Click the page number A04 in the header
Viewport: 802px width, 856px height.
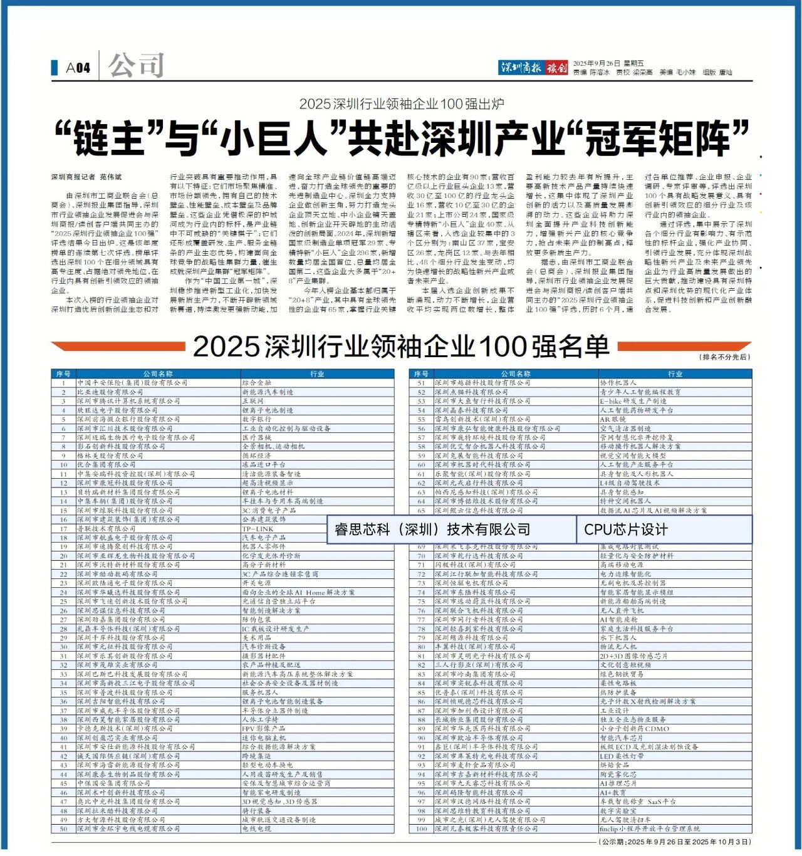pyautogui.click(x=78, y=68)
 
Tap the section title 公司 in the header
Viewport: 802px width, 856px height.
pyautogui.click(x=136, y=66)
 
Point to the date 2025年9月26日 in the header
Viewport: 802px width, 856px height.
pyautogui.click(x=599, y=63)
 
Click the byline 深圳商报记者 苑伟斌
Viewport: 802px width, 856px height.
pyautogui.click(x=86, y=177)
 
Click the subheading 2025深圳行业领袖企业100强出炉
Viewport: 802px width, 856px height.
pyautogui.click(x=401, y=104)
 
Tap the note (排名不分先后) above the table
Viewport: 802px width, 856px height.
pyautogui.click(x=725, y=357)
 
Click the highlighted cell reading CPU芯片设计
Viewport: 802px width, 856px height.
pyautogui.click(x=626, y=530)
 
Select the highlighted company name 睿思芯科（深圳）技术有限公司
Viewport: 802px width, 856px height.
pyautogui.click(x=432, y=530)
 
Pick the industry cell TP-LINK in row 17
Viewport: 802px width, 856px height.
pyautogui.click(x=258, y=529)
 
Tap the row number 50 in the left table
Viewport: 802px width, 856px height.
pyautogui.click(x=63, y=828)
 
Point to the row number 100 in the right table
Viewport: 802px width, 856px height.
pyautogui.click(x=421, y=828)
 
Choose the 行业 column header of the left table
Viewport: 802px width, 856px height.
pyautogui.click(x=317, y=374)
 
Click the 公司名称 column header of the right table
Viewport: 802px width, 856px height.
pyautogui.click(x=516, y=374)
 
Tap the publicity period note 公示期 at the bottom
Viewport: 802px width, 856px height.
pyautogui.click(x=674, y=841)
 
